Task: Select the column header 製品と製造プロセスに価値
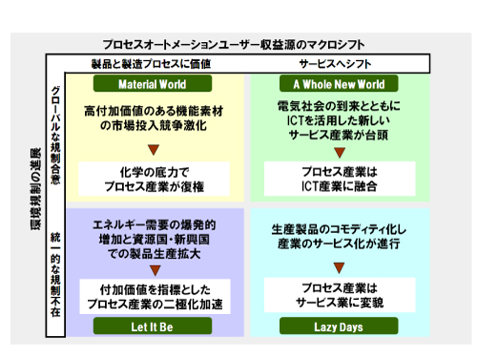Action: pyautogui.click(x=151, y=63)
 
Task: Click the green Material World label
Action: pyautogui.click(x=151, y=83)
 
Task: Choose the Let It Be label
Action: pyautogui.click(x=151, y=326)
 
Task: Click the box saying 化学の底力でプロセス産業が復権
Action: pyautogui.click(x=151, y=177)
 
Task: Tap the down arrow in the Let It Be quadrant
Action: pyautogui.click(x=152, y=268)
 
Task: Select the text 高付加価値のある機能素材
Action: pyautogui.click(x=151, y=111)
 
